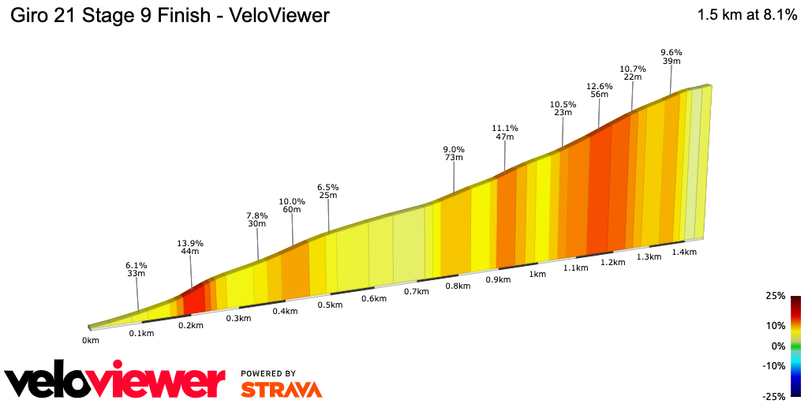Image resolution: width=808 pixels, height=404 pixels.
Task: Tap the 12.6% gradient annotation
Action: (599, 85)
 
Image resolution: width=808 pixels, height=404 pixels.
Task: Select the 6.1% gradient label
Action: (136, 264)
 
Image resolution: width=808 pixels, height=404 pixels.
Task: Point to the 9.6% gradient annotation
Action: (671, 52)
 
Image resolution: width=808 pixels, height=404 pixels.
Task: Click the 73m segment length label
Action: (453, 158)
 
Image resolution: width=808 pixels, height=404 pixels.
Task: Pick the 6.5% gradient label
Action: (327, 186)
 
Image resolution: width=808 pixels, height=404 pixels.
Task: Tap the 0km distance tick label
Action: (91, 340)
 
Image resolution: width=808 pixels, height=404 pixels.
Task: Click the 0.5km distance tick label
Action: (330, 305)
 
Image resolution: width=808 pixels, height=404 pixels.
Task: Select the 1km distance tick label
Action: (537, 274)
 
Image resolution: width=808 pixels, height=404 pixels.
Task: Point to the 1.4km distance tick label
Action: (684, 252)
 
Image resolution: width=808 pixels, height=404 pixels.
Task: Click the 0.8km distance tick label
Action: (458, 286)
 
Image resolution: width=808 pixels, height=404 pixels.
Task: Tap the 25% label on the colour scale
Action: (775, 296)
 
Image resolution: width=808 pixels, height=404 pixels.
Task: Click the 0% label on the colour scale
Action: (778, 346)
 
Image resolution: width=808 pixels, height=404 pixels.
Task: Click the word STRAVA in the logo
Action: (281, 389)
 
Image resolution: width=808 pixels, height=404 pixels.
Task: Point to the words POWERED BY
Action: (268, 373)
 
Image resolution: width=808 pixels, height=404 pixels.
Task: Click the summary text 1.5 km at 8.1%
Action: (747, 15)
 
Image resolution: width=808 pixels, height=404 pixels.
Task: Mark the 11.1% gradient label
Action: (504, 128)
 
